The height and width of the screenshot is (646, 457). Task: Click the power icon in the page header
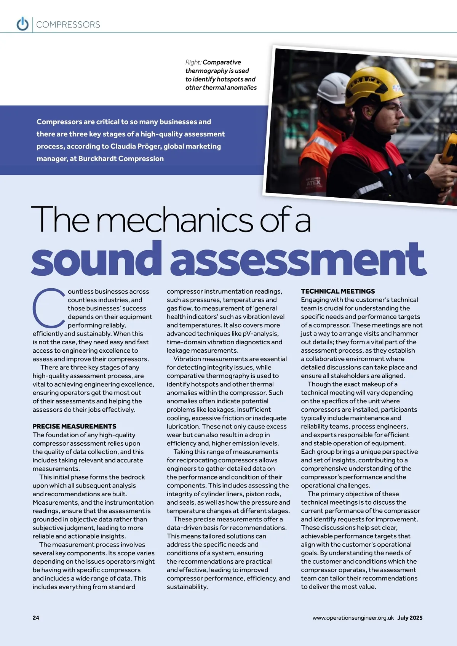(x=22, y=24)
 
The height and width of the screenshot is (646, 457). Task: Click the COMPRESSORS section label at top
(x=68, y=25)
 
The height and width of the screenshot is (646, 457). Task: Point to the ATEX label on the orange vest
(x=314, y=182)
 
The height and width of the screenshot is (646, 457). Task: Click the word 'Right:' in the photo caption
(x=193, y=62)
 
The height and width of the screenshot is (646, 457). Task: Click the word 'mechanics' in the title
(x=175, y=220)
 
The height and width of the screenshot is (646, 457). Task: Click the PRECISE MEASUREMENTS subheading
(x=74, y=426)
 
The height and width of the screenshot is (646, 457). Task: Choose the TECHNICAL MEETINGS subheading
(x=338, y=291)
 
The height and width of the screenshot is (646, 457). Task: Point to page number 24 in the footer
(x=36, y=618)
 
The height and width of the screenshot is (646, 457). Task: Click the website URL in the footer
(x=353, y=618)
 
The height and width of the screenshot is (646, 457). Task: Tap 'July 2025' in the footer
(x=410, y=618)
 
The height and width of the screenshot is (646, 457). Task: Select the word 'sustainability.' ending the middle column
(x=187, y=587)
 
